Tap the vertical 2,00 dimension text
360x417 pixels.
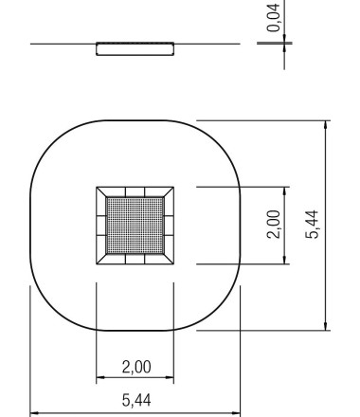tap(274, 225)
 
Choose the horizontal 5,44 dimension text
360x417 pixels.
tap(135, 402)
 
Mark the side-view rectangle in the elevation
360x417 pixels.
tap(135, 48)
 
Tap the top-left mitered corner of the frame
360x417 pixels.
tap(100, 191)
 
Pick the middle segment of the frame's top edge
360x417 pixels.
tap(135, 191)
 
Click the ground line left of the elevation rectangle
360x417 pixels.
tap(62, 44)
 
